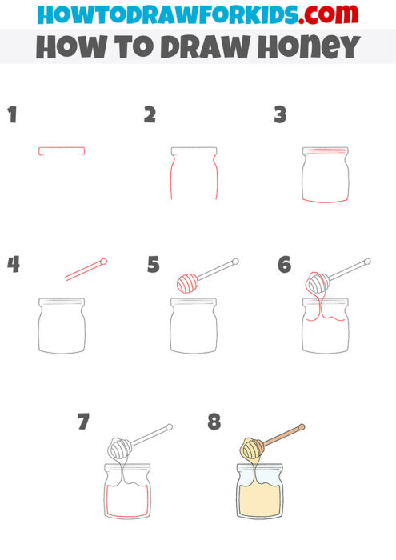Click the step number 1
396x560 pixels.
click(11, 115)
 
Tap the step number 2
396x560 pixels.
click(150, 115)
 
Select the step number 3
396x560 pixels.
click(280, 115)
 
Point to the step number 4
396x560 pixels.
click(12, 264)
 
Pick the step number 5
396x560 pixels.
click(154, 264)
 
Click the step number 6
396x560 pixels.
click(284, 264)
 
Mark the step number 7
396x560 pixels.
click(83, 422)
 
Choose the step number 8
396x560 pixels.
click(214, 422)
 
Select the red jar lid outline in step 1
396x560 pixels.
click(62, 150)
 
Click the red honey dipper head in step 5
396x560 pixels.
click(188, 282)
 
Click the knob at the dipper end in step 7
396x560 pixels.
click(169, 428)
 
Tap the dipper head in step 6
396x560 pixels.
click(318, 282)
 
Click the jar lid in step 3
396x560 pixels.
click(325, 150)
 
